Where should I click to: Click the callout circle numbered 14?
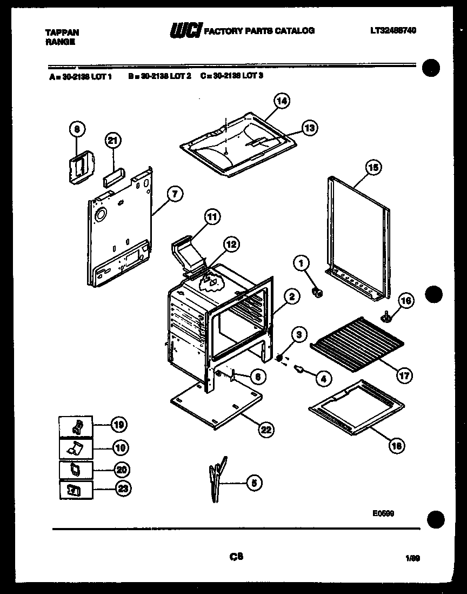tap(282, 101)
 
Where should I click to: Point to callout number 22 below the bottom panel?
tap(265, 430)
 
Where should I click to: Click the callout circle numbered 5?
tap(252, 483)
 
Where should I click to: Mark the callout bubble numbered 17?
tap(404, 374)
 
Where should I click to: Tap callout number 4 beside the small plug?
tap(323, 379)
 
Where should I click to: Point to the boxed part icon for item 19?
tap(75, 427)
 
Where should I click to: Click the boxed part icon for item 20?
tap(75, 469)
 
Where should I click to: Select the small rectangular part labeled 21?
tap(113, 177)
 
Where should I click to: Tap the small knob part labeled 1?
tap(318, 293)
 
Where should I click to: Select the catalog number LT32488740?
tap(393, 31)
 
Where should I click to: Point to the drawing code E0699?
tap(383, 514)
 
